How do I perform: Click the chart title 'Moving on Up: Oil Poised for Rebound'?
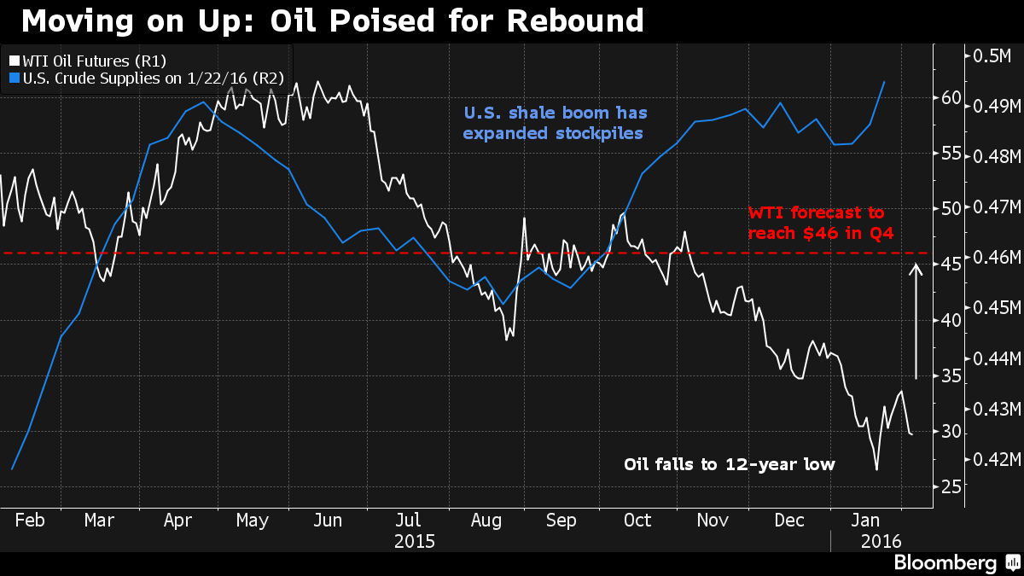click(332, 20)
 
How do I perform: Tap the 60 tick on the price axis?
click(951, 97)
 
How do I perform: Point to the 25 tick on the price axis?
click(951, 486)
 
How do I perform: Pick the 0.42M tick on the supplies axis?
click(991, 460)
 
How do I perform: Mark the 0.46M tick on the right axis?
click(991, 258)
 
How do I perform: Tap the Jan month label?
click(867, 521)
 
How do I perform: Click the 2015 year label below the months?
click(415, 541)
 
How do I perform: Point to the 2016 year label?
click(883, 541)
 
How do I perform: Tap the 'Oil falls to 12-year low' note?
click(729, 464)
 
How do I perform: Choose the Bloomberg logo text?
click(945, 562)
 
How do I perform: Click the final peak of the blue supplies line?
click(884, 82)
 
